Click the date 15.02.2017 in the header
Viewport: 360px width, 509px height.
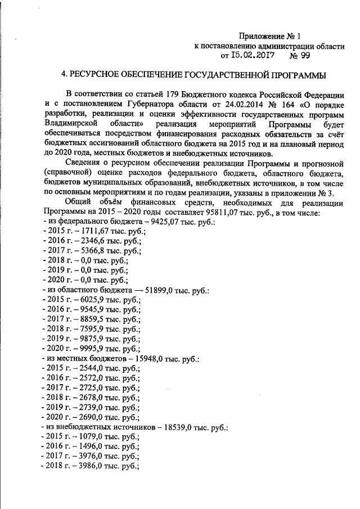(253, 56)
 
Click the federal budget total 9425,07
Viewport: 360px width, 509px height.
(160, 223)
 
